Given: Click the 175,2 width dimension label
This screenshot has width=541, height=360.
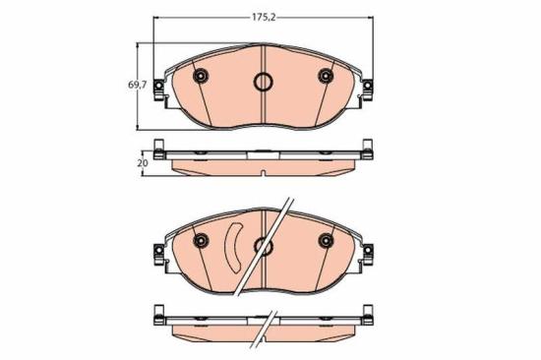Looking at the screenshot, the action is click(x=264, y=18).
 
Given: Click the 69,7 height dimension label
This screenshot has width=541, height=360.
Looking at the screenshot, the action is click(x=138, y=85).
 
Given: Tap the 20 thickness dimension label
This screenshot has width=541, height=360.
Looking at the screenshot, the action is click(x=143, y=163).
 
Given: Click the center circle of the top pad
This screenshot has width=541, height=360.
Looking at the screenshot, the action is click(x=264, y=82).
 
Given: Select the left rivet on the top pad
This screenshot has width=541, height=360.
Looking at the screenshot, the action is click(x=200, y=76).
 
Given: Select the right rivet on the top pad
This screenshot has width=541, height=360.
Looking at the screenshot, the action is click(x=326, y=76).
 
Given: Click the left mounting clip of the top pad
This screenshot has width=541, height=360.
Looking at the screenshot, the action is click(x=158, y=90).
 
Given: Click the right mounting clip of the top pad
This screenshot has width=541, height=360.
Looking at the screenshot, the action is click(x=368, y=90).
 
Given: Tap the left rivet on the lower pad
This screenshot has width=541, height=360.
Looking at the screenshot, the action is click(x=200, y=240).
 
